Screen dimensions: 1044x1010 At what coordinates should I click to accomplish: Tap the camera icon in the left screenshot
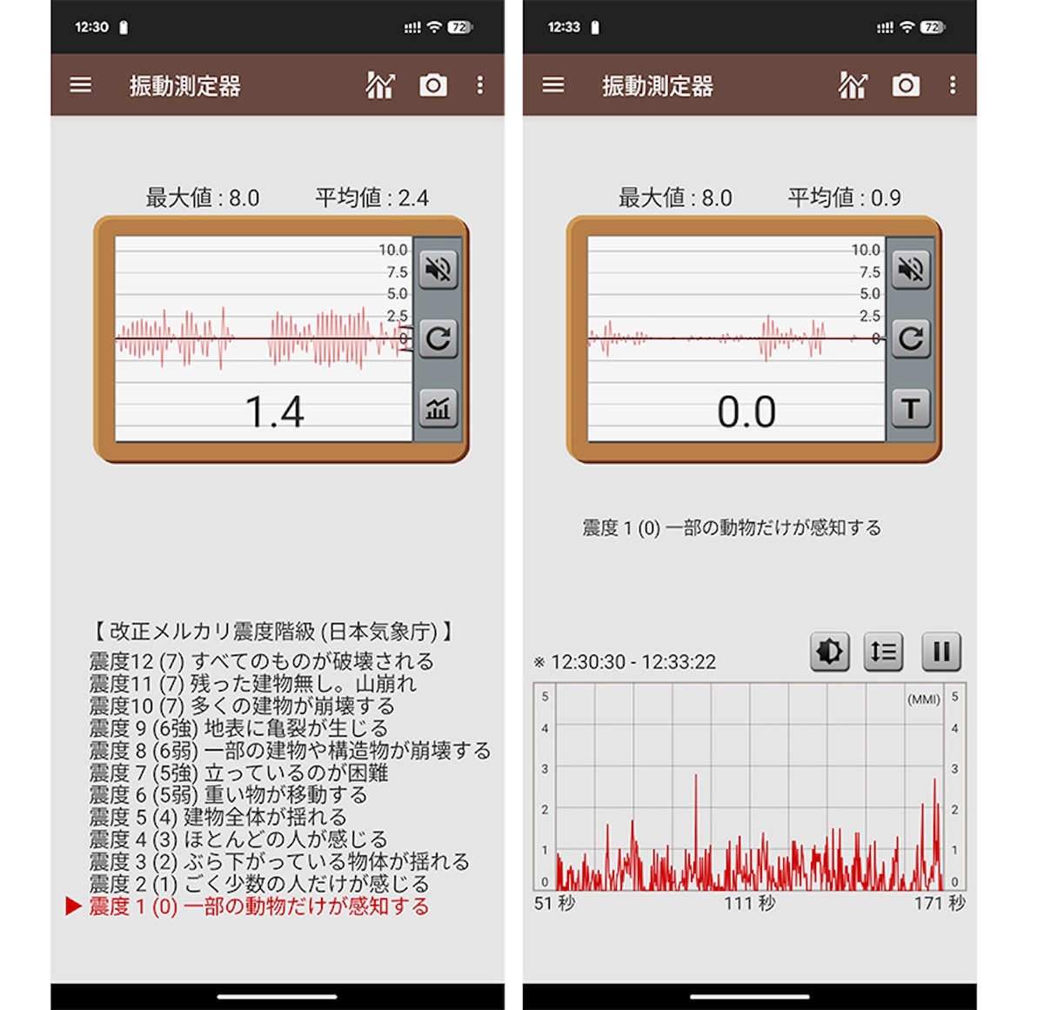point(433,85)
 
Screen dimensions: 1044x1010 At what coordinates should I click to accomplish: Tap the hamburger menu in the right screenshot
point(552,84)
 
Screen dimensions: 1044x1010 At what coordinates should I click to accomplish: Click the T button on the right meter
point(910,408)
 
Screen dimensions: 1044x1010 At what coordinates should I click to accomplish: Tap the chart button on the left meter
point(438,408)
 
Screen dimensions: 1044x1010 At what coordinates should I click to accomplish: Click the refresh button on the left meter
point(438,338)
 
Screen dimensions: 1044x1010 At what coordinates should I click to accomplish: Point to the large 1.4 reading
point(275,412)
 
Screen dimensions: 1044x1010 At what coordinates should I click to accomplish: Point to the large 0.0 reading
point(746,412)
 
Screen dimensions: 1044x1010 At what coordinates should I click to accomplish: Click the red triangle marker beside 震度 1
point(73,906)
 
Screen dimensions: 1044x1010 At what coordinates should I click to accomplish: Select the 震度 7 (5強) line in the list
point(238,773)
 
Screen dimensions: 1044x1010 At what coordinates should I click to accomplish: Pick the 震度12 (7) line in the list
point(261,661)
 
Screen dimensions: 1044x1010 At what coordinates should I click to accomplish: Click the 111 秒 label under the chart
point(749,903)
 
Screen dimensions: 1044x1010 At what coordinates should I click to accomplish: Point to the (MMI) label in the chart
point(923,699)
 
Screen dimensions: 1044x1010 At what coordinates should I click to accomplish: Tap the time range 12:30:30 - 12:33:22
point(633,662)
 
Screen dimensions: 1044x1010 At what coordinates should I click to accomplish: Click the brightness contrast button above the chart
point(829,652)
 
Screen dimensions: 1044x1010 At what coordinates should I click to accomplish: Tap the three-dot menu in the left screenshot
point(479,85)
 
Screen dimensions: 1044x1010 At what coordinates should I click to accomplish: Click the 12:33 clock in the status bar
point(563,27)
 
